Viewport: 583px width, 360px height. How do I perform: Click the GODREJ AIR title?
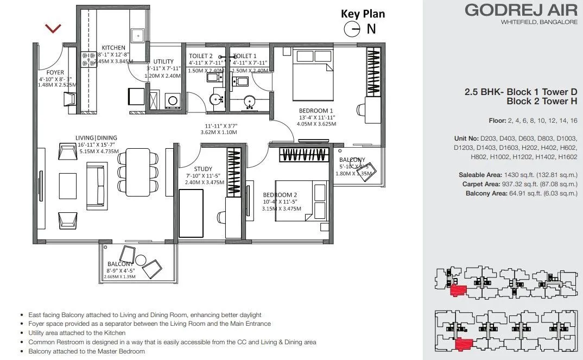pyautogui.click(x=517, y=10)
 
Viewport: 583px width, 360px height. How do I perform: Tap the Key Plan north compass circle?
pyautogui.click(x=352, y=29)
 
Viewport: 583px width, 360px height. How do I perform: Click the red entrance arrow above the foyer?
pyautogui.click(x=53, y=28)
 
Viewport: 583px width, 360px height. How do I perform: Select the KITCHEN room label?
pyautogui.click(x=113, y=48)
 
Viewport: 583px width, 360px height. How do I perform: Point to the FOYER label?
pyautogui.click(x=55, y=72)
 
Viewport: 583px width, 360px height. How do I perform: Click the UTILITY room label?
pyautogui.click(x=163, y=61)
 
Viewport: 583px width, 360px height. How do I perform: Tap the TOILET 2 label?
pyautogui.click(x=201, y=56)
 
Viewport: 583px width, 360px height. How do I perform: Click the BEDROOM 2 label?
pyautogui.click(x=280, y=195)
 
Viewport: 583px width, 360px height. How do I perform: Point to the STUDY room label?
pyautogui.click(x=203, y=169)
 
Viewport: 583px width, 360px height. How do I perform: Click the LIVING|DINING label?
pyautogui.click(x=96, y=138)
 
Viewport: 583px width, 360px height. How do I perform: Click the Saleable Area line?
pyautogui.click(x=518, y=175)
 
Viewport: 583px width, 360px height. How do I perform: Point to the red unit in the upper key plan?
pyautogui.click(x=458, y=290)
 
